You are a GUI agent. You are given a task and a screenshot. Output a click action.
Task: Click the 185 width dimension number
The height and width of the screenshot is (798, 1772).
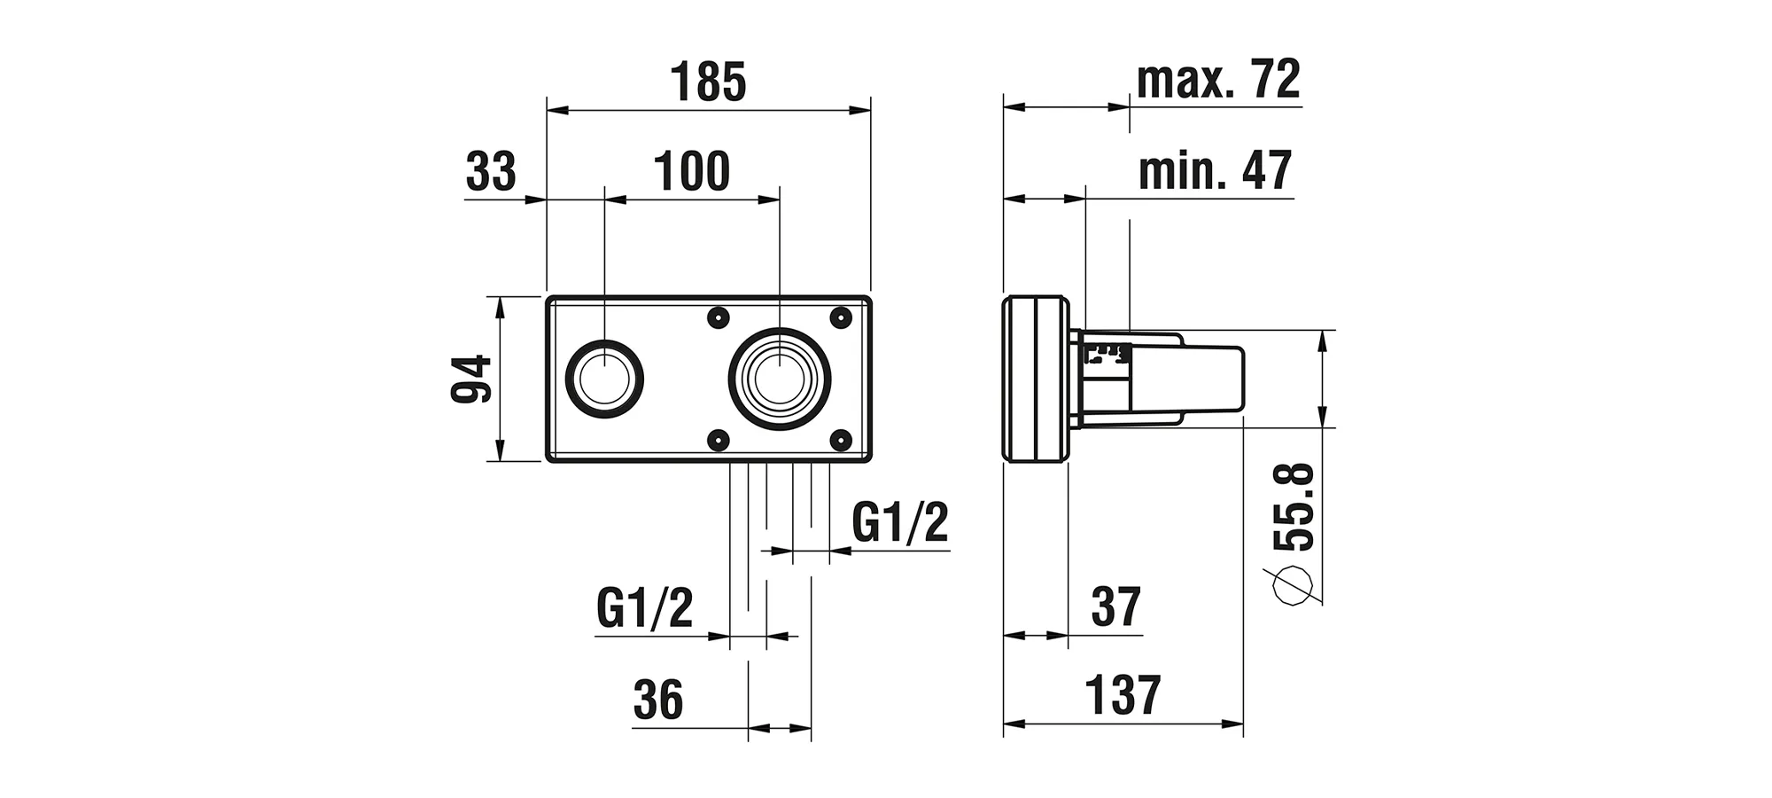click(x=708, y=82)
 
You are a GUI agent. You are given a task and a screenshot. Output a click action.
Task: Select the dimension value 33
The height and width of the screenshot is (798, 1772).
click(x=491, y=171)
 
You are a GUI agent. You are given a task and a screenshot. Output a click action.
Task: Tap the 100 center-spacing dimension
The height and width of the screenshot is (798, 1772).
click(x=691, y=171)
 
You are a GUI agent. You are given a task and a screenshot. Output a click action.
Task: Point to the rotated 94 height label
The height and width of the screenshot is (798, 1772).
click(x=471, y=379)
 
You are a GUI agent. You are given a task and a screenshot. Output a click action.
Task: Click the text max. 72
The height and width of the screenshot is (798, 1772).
click(x=1218, y=79)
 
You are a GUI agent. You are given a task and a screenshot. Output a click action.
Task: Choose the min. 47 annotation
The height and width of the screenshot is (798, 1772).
click(x=1215, y=170)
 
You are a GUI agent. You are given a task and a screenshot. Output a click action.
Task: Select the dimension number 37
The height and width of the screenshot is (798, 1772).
click(x=1115, y=607)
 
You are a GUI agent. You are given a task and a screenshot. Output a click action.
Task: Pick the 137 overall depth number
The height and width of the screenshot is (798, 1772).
click(x=1123, y=695)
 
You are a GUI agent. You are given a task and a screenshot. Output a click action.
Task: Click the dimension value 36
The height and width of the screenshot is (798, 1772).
click(x=658, y=700)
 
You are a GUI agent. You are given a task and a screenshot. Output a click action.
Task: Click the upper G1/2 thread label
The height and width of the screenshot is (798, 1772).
click(x=899, y=522)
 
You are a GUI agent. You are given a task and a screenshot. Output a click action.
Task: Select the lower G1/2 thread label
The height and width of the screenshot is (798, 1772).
click(x=644, y=608)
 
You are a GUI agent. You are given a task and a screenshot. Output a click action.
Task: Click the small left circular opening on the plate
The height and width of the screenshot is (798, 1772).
click(x=604, y=379)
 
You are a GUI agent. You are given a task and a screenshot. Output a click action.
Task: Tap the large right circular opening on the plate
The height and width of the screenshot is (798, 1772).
click(x=780, y=379)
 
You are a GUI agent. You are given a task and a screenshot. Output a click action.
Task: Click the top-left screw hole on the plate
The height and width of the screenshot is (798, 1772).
click(x=719, y=317)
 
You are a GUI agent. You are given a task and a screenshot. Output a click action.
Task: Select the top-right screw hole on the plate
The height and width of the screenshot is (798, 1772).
click(x=840, y=317)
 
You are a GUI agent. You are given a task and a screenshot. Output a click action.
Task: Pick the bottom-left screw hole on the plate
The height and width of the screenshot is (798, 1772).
click(x=719, y=440)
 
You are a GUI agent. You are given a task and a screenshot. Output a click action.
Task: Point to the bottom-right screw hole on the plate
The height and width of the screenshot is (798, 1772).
click(x=840, y=440)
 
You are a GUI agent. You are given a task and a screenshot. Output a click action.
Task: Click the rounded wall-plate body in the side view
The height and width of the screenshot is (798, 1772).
click(x=1035, y=379)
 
